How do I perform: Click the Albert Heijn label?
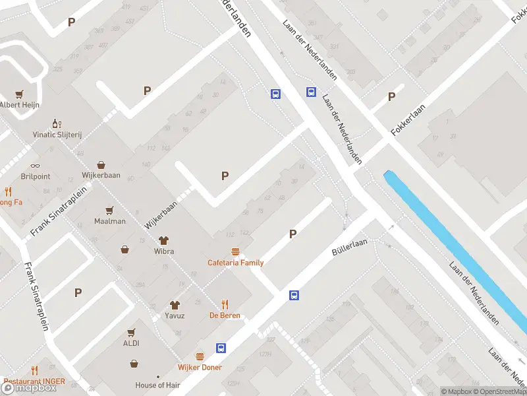click(20, 104)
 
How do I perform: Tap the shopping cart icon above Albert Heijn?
click(20, 94)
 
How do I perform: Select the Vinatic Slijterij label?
click(57, 134)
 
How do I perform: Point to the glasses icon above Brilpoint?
click(35, 166)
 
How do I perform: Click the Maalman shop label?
click(110, 221)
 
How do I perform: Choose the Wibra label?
click(163, 251)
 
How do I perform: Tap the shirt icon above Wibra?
click(163, 240)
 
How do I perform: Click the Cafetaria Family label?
click(235, 263)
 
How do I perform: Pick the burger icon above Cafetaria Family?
click(235, 251)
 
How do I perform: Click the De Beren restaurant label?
click(225, 315)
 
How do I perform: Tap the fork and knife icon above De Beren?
click(225, 304)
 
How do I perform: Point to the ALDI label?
click(130, 343)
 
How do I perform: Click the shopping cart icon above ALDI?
click(130, 332)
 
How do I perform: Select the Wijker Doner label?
click(200, 367)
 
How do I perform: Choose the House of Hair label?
click(158, 385)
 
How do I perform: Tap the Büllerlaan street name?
click(348, 246)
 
